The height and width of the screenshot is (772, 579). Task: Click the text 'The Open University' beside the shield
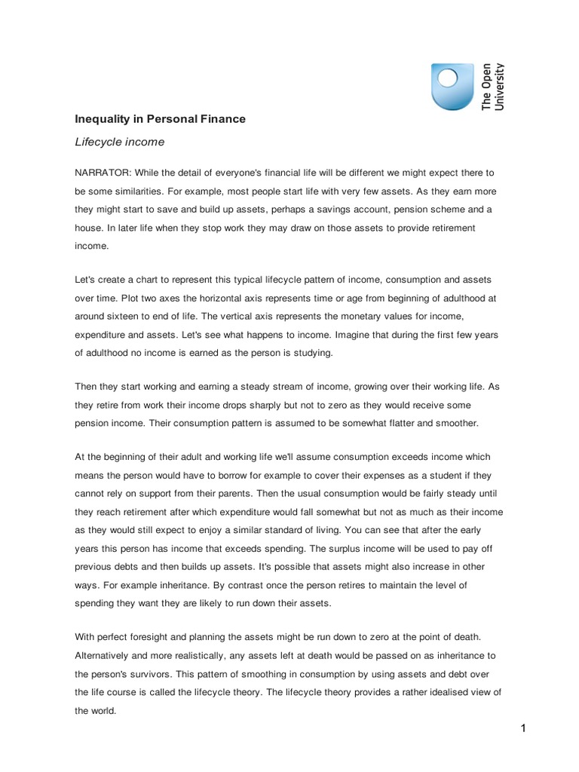493,87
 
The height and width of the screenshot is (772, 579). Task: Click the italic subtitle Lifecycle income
118,142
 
